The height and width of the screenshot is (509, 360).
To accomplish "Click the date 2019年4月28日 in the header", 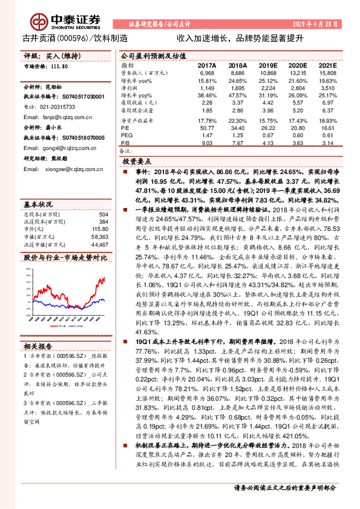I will [312, 24].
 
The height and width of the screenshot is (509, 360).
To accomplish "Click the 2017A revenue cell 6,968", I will [207, 73].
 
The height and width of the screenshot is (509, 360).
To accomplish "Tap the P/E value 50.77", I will [206, 128].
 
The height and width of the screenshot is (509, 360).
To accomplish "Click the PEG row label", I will [126, 136].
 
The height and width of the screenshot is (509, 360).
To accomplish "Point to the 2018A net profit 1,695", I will [237, 88].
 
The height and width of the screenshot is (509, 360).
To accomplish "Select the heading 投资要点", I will [137, 163].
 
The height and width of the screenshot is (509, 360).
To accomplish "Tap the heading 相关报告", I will [38, 346].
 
